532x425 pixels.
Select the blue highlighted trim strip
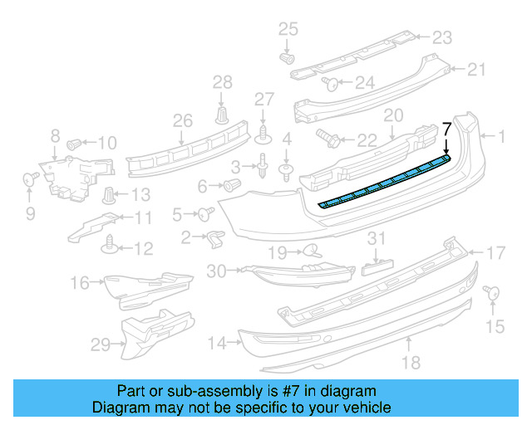pos(384,179)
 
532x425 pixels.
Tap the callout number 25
pos(287,30)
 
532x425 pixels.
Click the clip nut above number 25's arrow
pos(288,59)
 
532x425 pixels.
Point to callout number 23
pos(442,37)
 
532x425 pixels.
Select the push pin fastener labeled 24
pos(328,82)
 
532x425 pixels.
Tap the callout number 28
pos(222,81)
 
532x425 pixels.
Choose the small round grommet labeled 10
pos(73,143)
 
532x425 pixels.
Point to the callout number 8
pos(56,134)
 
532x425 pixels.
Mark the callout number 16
pos(80,284)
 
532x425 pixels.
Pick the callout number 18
pos(411,361)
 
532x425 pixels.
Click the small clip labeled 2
pos(213,238)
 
